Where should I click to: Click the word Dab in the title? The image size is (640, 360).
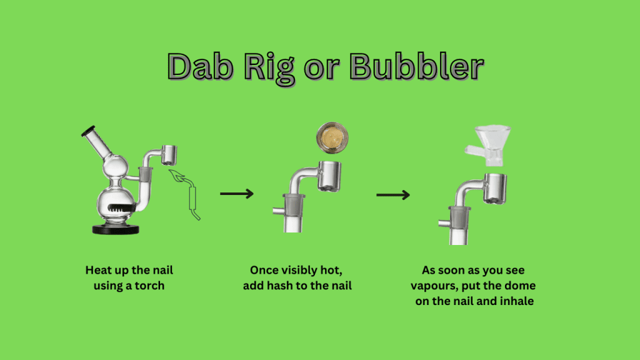click(201, 66)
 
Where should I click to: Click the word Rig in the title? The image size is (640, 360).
click(269, 69)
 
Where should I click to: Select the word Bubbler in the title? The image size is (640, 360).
click(417, 66)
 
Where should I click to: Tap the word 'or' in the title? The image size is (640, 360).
click(322, 69)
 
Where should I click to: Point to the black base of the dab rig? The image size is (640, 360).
click(116, 229)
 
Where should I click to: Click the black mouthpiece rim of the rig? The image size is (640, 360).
click(87, 131)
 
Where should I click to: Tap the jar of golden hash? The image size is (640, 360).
click(332, 137)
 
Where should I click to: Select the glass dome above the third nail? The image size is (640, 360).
click(488, 145)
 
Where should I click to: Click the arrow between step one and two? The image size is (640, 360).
click(237, 194)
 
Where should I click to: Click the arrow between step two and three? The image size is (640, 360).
click(393, 195)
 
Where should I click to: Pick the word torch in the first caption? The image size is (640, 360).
click(149, 286)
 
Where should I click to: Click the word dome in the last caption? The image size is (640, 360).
click(521, 286)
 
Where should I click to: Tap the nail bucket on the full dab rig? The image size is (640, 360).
click(169, 155)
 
